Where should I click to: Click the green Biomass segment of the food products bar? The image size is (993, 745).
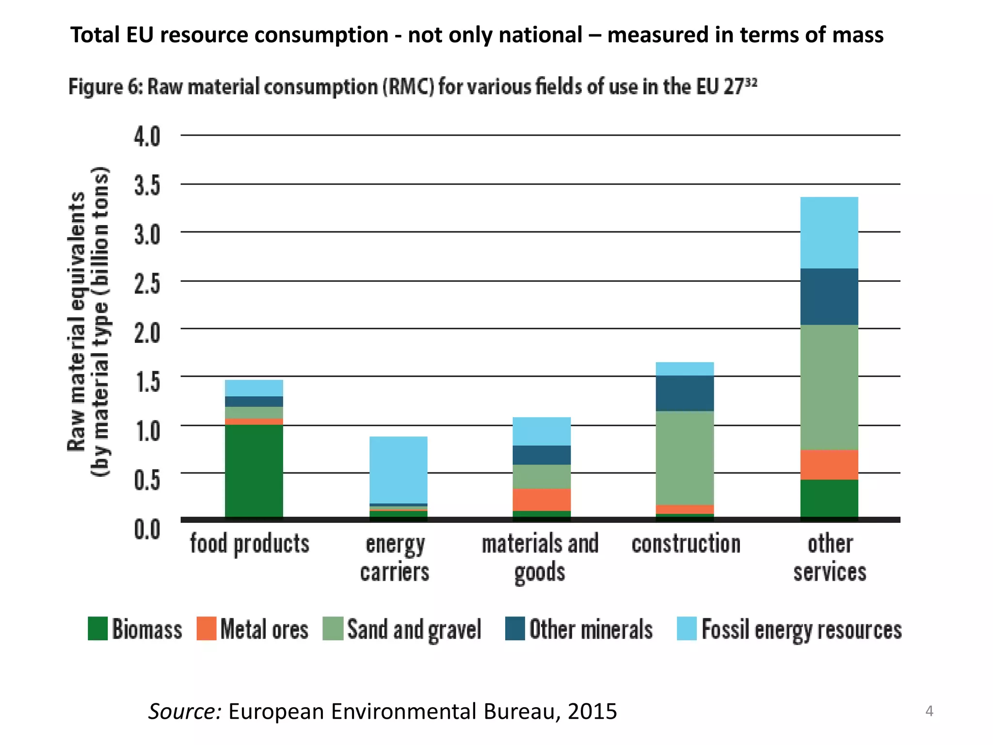pyautogui.click(x=254, y=470)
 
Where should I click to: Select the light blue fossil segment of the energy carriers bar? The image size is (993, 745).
pyautogui.click(x=398, y=470)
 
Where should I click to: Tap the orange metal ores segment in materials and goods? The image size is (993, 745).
pyautogui.click(x=542, y=500)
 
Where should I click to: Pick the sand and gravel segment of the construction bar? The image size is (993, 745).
pyautogui.click(x=685, y=458)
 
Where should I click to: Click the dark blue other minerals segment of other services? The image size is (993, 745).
pyautogui.click(x=829, y=296)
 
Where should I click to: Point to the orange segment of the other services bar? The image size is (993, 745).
pyautogui.click(x=829, y=464)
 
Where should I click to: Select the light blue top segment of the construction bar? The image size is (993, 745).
pyautogui.click(x=685, y=369)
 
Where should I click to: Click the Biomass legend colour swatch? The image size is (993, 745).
pyautogui.click(x=97, y=629)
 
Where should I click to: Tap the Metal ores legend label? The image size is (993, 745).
pyautogui.click(x=264, y=630)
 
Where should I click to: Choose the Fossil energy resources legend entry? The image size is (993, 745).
pyautogui.click(x=801, y=630)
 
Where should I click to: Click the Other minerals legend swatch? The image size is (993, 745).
pyautogui.click(x=514, y=629)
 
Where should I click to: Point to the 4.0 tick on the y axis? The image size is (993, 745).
pyautogui.click(x=147, y=137)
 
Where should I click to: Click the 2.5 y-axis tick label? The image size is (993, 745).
pyautogui.click(x=147, y=283)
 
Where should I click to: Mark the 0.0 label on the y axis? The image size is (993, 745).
pyautogui.click(x=147, y=529)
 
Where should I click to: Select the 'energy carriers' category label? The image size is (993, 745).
pyautogui.click(x=395, y=558)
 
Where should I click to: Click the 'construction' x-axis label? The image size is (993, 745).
pyautogui.click(x=686, y=544)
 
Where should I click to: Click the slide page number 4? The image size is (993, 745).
pyautogui.click(x=929, y=711)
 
